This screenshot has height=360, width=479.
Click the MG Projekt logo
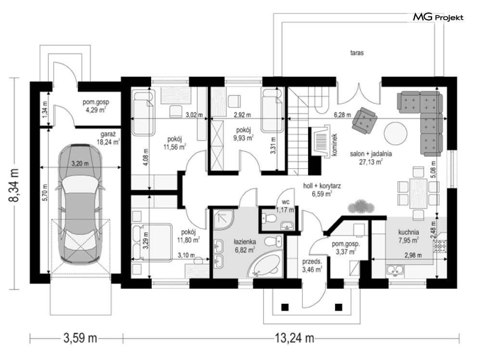[438, 17]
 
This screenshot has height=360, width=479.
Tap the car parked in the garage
[80, 203]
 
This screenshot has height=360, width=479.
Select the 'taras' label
[357, 53]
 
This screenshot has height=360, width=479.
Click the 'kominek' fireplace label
[334, 145]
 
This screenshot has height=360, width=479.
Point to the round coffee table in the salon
[395, 134]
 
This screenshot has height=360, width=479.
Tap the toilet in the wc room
[270, 218]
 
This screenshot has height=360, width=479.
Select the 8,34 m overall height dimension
[14, 185]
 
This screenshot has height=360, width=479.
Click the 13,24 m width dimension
[295, 338]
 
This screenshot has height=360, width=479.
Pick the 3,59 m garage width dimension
[80, 338]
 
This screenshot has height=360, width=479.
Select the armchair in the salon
[364, 120]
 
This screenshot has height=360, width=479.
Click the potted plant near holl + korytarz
[361, 207]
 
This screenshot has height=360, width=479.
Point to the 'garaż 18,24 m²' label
[108, 138]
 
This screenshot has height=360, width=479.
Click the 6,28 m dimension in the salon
[342, 115]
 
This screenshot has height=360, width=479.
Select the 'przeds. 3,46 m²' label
[312, 266]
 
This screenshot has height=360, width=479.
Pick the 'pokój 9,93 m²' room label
[243, 134]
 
